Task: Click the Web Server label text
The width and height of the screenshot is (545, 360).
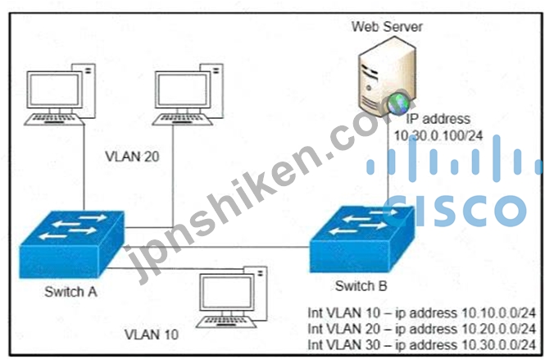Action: coord(387,26)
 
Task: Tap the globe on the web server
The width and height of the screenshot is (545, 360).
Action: coord(398,103)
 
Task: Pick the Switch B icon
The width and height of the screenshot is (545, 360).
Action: coord(361,237)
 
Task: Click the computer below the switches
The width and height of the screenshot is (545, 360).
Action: coord(230,294)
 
